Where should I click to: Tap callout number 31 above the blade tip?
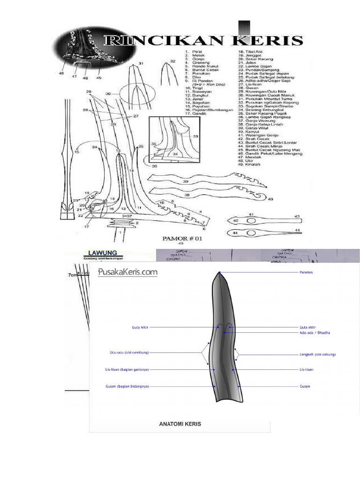coord(142,63)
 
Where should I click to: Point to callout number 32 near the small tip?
coord(172,61)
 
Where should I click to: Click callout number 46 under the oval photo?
coord(61,74)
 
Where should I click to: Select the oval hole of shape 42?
coord(251,220)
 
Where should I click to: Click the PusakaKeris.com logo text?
coord(128,272)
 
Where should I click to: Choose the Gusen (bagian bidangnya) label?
coord(127,387)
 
